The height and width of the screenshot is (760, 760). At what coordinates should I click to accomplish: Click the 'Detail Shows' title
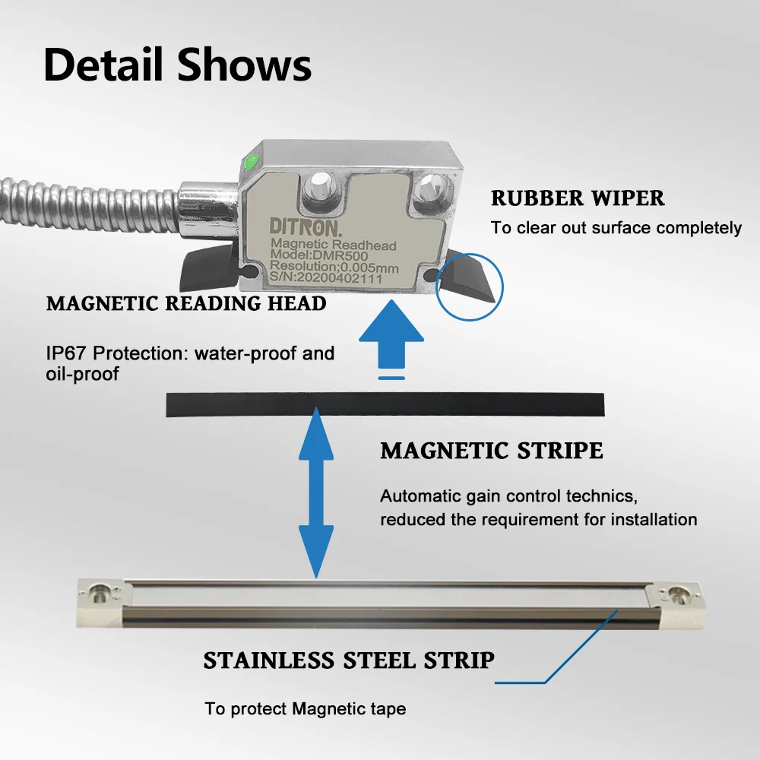pyautogui.click(x=177, y=65)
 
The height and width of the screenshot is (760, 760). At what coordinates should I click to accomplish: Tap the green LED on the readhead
pyautogui.click(x=249, y=162)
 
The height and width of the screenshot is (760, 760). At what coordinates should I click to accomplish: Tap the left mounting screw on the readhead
pyautogui.click(x=318, y=184)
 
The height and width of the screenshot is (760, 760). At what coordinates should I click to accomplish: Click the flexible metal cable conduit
pyautogui.click(x=84, y=201)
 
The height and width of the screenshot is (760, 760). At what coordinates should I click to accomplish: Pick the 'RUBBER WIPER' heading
pyautogui.click(x=578, y=199)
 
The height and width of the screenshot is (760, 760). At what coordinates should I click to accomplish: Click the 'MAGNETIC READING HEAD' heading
pyautogui.click(x=186, y=304)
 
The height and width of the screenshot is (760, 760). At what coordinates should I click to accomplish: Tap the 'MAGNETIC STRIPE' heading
pyautogui.click(x=492, y=451)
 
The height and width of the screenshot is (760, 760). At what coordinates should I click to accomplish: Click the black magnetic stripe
pyautogui.click(x=385, y=404)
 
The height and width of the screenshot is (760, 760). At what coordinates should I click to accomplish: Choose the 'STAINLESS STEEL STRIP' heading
pyautogui.click(x=349, y=660)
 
